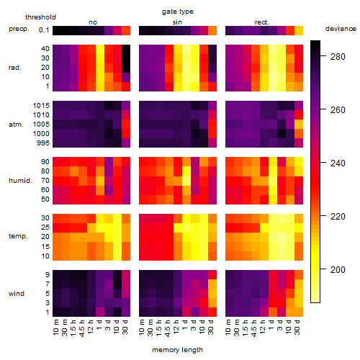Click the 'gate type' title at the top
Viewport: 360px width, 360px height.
pos(178,12)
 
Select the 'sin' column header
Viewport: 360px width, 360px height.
pos(177,22)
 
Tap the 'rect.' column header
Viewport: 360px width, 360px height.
pos(262,22)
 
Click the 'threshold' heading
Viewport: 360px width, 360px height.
pos(40,17)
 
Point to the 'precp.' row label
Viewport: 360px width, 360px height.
pos(19,29)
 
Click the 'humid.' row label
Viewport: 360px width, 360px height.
pos(20,180)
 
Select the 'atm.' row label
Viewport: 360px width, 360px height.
pos(16,125)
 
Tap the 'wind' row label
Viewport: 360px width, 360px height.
pos(17,294)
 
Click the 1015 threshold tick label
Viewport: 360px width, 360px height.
pos(41,106)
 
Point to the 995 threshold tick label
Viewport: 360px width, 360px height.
pos(43,143)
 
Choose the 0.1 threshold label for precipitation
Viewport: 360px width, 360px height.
pos(44,30)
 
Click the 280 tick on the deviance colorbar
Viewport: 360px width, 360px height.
pos(338,57)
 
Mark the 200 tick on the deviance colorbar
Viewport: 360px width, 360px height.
pos(338,270)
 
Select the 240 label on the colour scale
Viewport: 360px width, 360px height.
pos(338,163)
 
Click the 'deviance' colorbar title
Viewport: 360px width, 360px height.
pos(341,29)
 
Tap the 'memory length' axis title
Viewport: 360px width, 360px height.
pos(177,350)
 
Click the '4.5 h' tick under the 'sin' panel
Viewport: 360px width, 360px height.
pos(168,328)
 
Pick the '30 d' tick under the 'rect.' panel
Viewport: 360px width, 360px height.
pos(297,328)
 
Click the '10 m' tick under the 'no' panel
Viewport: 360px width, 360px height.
pos(55,328)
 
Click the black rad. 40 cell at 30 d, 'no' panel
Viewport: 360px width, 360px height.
pos(126,49)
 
